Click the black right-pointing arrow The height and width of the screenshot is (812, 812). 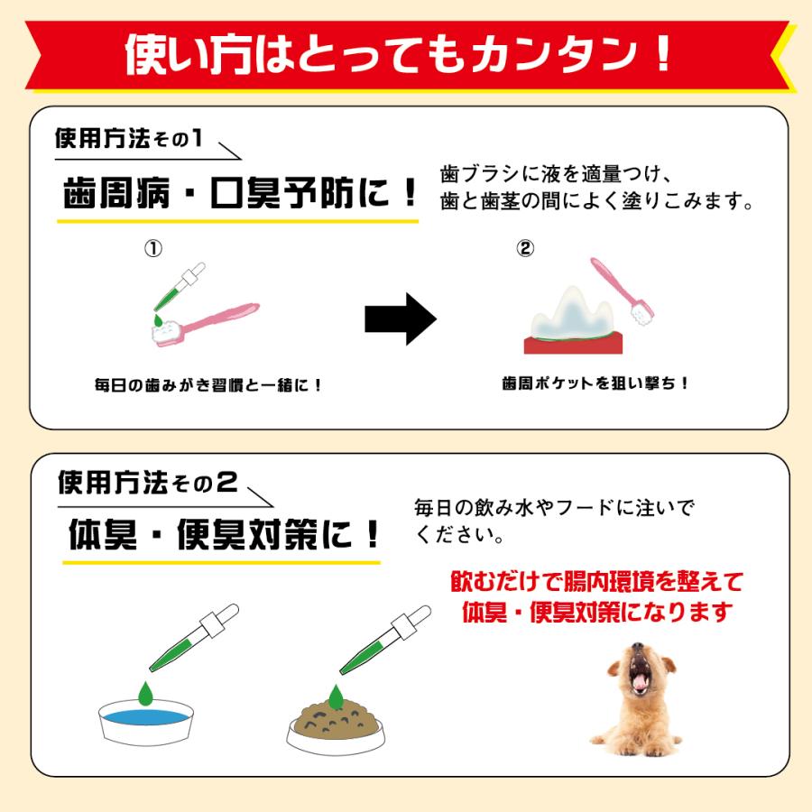(x=400, y=318)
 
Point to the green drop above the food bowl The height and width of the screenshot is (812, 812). (x=337, y=696)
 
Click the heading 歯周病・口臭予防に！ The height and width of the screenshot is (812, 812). (x=240, y=191)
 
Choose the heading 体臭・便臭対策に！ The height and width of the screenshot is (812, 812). (x=224, y=537)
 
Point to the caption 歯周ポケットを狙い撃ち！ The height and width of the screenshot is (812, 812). (x=595, y=383)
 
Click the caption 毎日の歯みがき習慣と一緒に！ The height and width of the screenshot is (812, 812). (x=208, y=385)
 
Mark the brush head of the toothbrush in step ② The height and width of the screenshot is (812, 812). (x=643, y=311)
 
